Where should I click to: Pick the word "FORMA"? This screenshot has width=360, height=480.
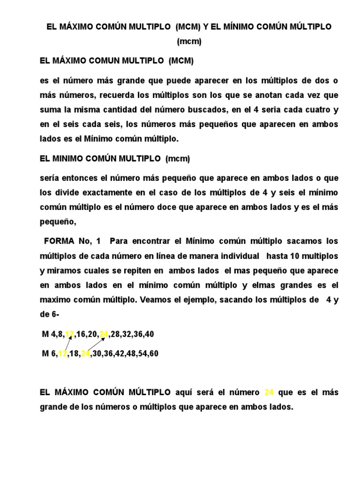click(59, 241)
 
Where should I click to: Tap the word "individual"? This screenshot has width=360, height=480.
click(238, 256)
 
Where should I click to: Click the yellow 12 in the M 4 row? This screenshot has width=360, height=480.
click(70, 334)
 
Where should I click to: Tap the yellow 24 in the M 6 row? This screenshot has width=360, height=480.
click(85, 354)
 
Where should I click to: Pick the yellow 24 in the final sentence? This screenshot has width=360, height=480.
click(269, 392)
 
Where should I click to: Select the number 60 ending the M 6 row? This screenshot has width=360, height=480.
click(154, 354)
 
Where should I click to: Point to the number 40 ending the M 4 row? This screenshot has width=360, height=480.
click(150, 334)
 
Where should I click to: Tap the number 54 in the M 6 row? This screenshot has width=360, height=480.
click(140, 354)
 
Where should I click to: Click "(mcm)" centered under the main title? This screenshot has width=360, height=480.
click(189, 42)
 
